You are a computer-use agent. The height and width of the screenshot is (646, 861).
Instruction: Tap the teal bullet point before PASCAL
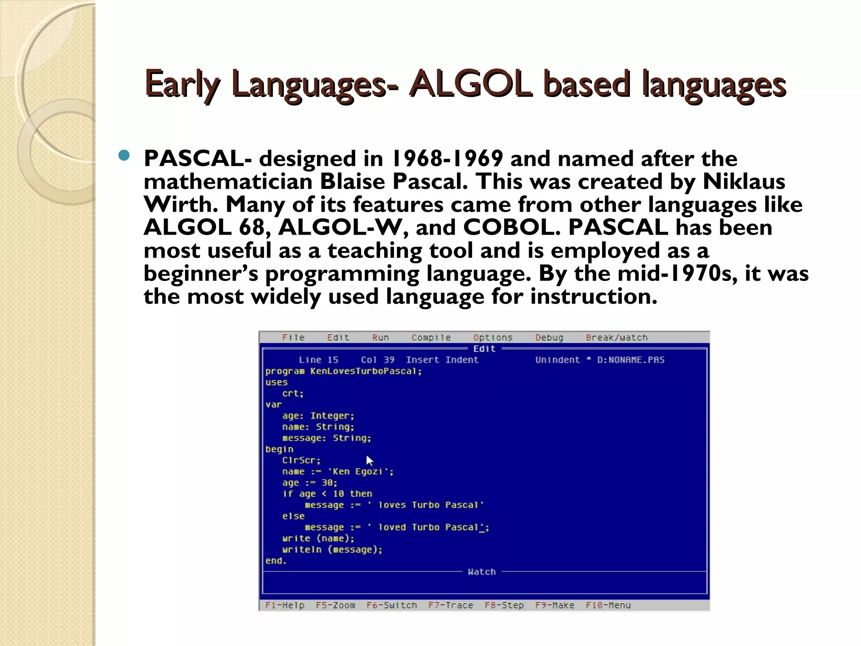point(124,156)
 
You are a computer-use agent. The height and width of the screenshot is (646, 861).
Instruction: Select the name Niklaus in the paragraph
point(744,182)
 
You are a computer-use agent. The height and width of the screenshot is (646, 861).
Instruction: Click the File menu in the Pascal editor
point(293,337)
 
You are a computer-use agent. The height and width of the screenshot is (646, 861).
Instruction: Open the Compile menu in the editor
point(431,337)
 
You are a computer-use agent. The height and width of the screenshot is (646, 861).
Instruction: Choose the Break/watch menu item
point(616,337)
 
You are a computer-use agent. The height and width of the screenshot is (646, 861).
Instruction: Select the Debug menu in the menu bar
point(549,337)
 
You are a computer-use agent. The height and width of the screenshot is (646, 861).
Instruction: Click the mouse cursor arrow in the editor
point(369,461)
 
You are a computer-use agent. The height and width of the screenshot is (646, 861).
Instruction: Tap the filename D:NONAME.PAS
point(631,360)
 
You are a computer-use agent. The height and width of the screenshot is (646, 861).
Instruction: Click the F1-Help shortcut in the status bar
point(285,605)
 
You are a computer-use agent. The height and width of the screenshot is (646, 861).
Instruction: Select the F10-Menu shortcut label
point(608,605)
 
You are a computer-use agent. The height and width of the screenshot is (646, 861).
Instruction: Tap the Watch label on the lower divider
point(482,572)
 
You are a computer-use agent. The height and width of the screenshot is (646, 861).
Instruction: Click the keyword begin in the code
point(279,449)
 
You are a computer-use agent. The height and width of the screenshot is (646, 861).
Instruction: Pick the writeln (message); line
point(332,549)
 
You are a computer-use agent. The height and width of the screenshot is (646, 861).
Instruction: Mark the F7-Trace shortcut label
point(451,605)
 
